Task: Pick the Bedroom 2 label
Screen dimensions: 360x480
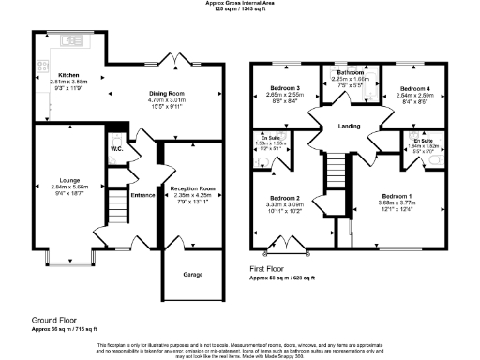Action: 283,199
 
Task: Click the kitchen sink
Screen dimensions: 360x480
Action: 69,41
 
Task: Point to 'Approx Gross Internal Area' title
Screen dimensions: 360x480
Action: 240,3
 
